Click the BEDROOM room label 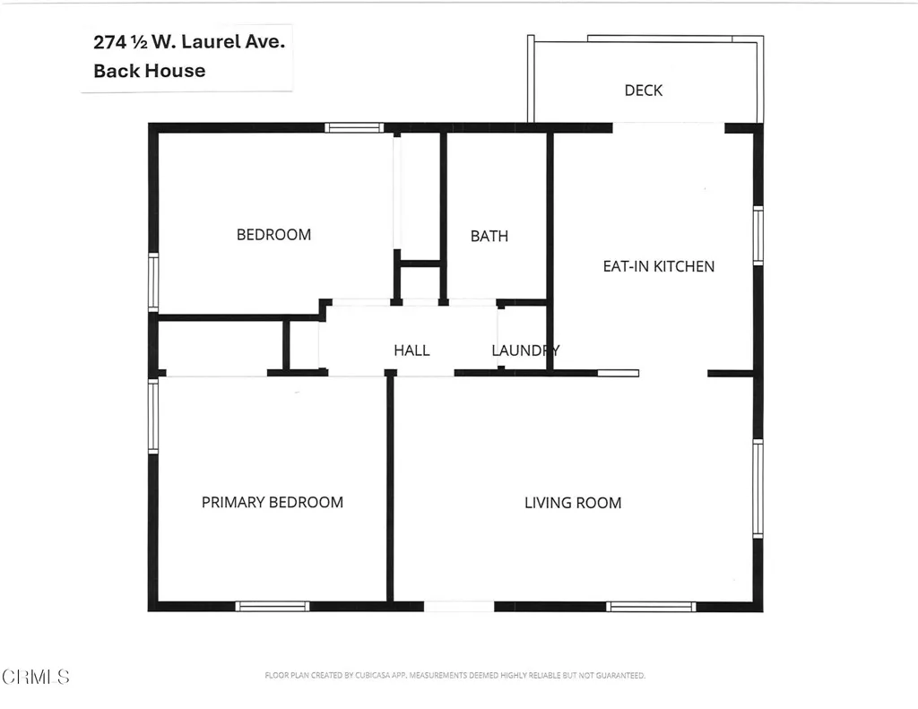pyautogui.click(x=273, y=235)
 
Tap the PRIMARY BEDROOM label pyautogui.click(x=272, y=502)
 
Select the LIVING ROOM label pyautogui.click(x=572, y=503)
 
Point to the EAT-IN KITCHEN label pyautogui.click(x=658, y=266)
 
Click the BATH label pyautogui.click(x=489, y=236)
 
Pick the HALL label pyautogui.click(x=411, y=350)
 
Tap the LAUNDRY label pyautogui.click(x=525, y=350)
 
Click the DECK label pyautogui.click(x=643, y=91)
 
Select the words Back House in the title pyautogui.click(x=149, y=71)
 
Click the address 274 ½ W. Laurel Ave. pyautogui.click(x=188, y=41)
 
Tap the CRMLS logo pyautogui.click(x=35, y=676)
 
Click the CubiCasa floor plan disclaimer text pyautogui.click(x=455, y=675)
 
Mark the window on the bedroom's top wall pyautogui.click(x=354, y=127)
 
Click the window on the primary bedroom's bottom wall pyautogui.click(x=273, y=607)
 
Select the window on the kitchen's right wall pyautogui.click(x=758, y=236)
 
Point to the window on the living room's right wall pyautogui.click(x=758, y=489)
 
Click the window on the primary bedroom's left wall pyautogui.click(x=153, y=416)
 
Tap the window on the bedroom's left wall pyautogui.click(x=153, y=282)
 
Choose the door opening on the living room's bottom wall pyautogui.click(x=458, y=607)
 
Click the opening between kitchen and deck pyautogui.click(x=668, y=127)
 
